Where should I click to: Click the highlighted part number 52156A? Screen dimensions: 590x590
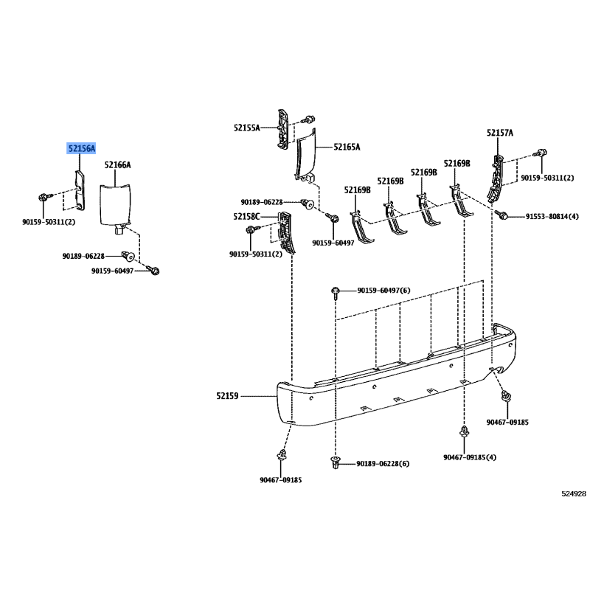coord(81,149)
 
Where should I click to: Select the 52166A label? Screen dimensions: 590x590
coord(117,164)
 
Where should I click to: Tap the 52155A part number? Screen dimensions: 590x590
coord(247,128)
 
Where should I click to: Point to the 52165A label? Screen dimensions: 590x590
coord(347,147)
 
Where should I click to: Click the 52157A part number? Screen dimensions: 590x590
coord(500,133)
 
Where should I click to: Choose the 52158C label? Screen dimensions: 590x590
coord(246,216)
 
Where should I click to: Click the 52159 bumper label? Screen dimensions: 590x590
coord(227,396)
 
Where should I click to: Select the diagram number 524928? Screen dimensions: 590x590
coord(574,493)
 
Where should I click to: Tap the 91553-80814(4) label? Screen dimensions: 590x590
coord(552,216)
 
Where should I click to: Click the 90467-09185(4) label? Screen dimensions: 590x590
coord(470,457)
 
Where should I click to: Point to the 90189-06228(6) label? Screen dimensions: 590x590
coord(383,464)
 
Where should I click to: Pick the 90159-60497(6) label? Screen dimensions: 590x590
coord(383,291)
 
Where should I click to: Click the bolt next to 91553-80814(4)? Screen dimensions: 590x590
coord(502,215)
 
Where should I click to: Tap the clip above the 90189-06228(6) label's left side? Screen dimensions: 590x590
coord(336,462)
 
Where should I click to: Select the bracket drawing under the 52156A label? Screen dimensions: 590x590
coord(80,190)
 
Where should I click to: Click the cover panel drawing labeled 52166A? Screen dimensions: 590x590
coord(115,208)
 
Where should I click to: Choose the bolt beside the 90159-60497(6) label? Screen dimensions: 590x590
coord(336,292)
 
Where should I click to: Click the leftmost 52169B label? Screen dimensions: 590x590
coord(357,190)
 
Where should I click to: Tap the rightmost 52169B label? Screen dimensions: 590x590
coord(457,163)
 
